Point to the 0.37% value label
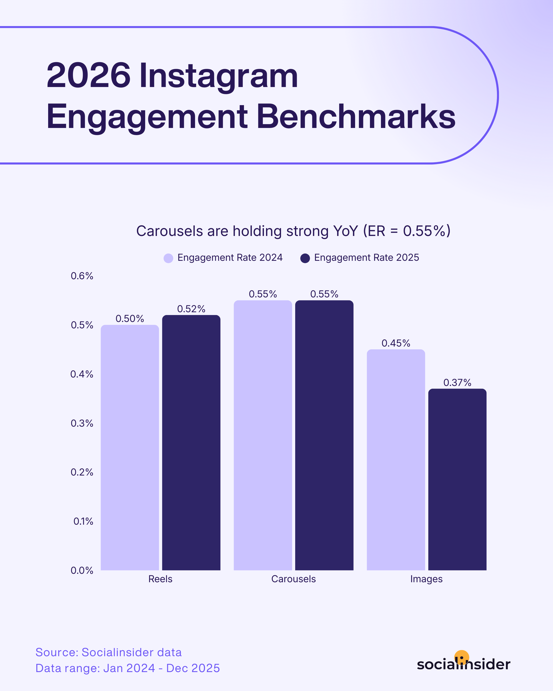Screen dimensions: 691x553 [457, 382]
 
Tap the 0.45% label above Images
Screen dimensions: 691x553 [396, 343]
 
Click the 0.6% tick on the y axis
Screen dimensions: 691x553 [82, 276]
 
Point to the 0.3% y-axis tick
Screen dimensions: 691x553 [82, 423]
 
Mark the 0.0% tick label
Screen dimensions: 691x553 [82, 570]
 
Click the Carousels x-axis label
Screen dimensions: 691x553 [293, 579]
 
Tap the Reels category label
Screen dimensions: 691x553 [160, 579]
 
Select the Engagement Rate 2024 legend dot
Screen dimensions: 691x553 [168, 258]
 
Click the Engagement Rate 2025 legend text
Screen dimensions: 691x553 [366, 257]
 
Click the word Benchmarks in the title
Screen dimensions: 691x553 [356, 117]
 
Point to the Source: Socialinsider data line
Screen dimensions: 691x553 [108, 652]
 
